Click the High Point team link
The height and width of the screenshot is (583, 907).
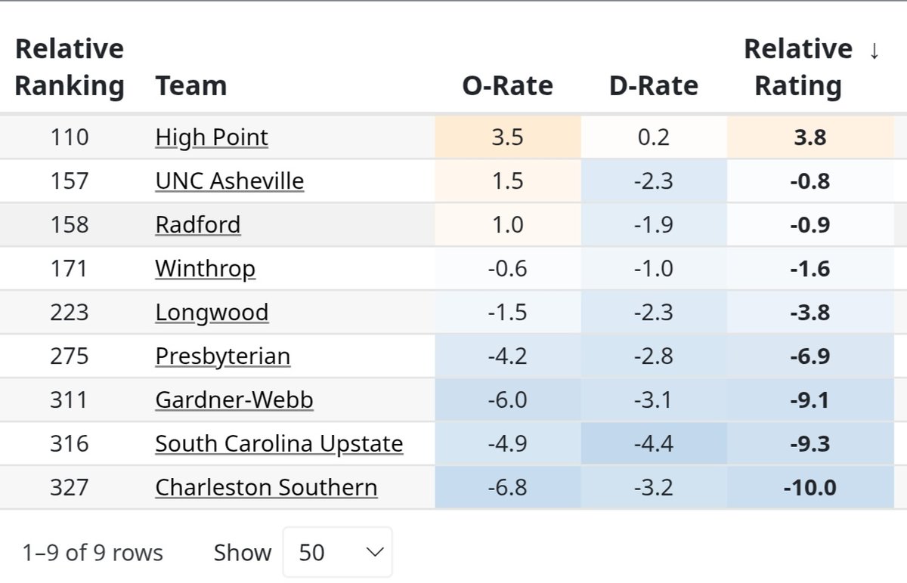[x=212, y=137]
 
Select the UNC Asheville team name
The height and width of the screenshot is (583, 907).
[x=230, y=181]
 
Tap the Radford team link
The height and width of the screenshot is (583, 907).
[x=198, y=225]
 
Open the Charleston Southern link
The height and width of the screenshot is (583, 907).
[x=266, y=488]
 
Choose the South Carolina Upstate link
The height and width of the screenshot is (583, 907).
[x=279, y=444]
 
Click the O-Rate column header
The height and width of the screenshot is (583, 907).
[x=507, y=86]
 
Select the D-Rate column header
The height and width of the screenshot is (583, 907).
[x=653, y=86]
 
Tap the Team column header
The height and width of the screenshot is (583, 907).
[x=191, y=86]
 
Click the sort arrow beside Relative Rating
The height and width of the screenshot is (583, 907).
[x=874, y=51]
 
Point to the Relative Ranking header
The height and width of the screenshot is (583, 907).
[x=70, y=68]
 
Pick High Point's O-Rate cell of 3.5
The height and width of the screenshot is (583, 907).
[x=507, y=137]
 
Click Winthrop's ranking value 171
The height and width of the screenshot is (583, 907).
[x=70, y=269]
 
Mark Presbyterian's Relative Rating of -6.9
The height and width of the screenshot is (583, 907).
[x=809, y=356]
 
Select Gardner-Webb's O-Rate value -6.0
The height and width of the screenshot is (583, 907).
[x=507, y=400]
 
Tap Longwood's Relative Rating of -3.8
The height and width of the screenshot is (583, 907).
[x=809, y=313]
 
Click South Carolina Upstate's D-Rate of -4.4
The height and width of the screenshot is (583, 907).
[x=653, y=444]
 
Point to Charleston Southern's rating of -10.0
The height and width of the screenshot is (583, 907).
[x=809, y=488]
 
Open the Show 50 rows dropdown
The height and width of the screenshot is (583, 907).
[x=338, y=552]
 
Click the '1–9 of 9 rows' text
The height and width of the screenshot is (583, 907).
[x=92, y=553]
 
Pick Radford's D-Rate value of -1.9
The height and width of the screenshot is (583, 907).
[x=653, y=225]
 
